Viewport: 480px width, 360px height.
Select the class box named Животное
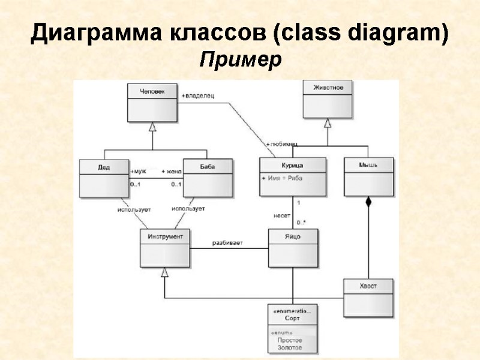pyautogui.click(x=328, y=99)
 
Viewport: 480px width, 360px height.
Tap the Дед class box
pyautogui.click(x=104, y=177)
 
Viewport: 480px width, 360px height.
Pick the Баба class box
pyautogui.click(x=207, y=177)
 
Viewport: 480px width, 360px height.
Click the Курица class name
pyautogui.click(x=293, y=164)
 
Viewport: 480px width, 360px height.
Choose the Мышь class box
pyautogui.click(x=368, y=176)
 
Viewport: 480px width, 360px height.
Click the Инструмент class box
pyautogui.click(x=166, y=248)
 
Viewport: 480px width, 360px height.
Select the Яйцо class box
pyautogui.click(x=293, y=248)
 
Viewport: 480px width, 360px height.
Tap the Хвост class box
pyautogui.click(x=368, y=297)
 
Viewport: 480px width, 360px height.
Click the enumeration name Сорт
pyautogui.click(x=292, y=318)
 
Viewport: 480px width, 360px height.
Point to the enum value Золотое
pyautogui.click(x=290, y=347)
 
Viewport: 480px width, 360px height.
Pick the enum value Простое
pyautogui.click(x=290, y=340)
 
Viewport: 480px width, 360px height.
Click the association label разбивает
pyautogui.click(x=227, y=243)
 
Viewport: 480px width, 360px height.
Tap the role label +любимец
pyautogui.click(x=281, y=145)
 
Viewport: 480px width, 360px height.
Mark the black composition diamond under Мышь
pyautogui.click(x=368, y=202)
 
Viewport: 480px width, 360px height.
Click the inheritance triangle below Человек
pyautogui.click(x=152, y=127)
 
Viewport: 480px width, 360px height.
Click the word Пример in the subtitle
pyautogui.click(x=240, y=60)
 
